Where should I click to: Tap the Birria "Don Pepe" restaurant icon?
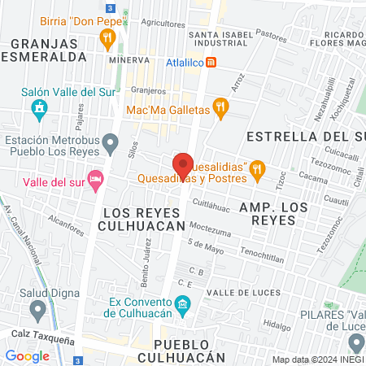106,37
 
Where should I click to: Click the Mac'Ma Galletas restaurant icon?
219,107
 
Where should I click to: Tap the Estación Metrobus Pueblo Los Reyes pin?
111,146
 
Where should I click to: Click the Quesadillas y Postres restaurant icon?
257,168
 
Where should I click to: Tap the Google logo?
27,355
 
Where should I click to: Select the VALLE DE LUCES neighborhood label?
243,292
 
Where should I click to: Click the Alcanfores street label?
64,218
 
